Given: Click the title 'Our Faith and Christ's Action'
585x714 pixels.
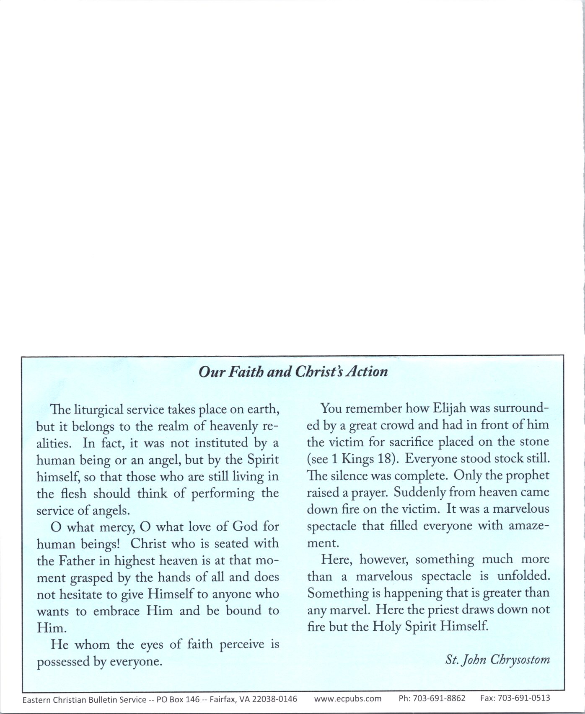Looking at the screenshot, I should (x=293, y=372).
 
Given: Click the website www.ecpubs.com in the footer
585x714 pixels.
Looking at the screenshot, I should (x=347, y=699).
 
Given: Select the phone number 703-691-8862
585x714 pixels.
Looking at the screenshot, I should (x=439, y=699).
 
